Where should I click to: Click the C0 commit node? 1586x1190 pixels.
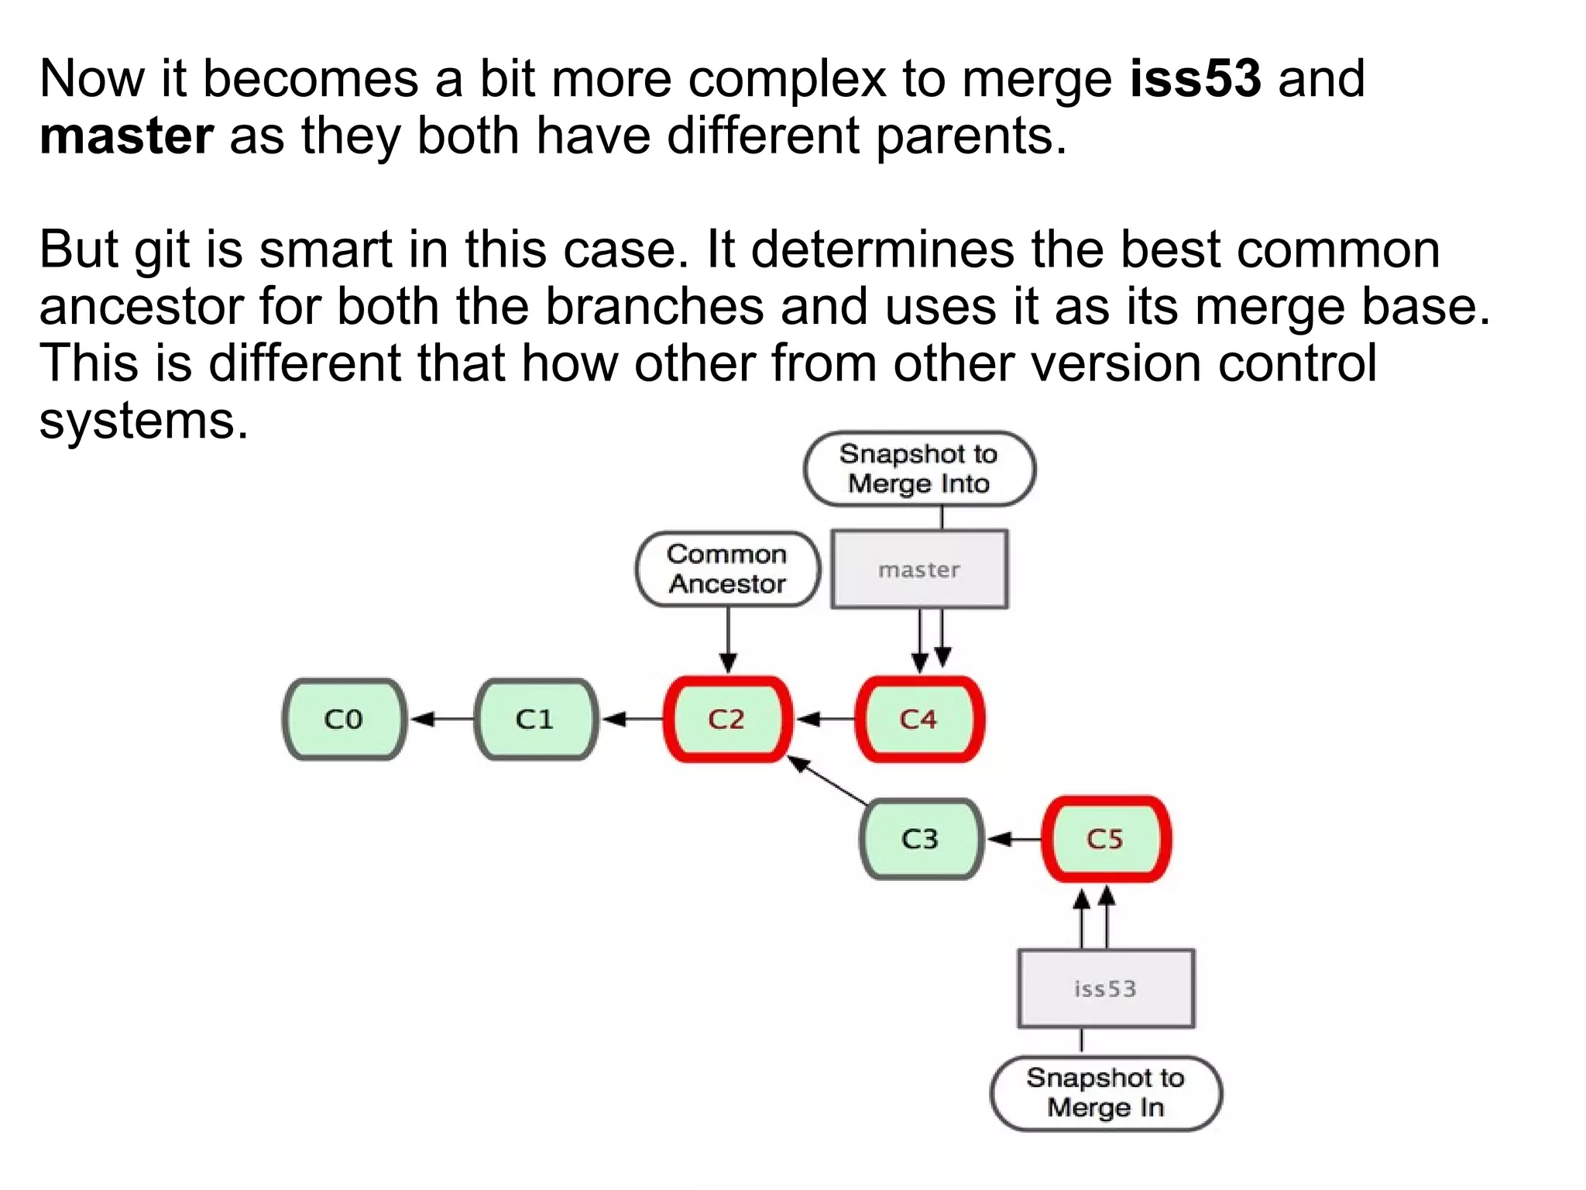tap(344, 719)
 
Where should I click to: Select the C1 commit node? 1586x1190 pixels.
tap(535, 719)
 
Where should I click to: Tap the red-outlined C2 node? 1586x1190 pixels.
tap(727, 719)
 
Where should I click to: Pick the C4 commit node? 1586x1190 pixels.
tap(919, 719)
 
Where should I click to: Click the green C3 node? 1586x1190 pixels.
tap(921, 839)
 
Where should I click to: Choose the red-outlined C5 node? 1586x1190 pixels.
tap(1106, 839)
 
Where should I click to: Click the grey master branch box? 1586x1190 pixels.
tap(919, 569)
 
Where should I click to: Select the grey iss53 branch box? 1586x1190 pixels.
tap(1106, 989)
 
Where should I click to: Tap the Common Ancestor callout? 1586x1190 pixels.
tap(727, 569)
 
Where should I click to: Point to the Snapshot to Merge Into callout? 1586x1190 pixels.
tap(919, 468)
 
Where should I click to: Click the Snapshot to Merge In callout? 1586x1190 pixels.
tap(1106, 1092)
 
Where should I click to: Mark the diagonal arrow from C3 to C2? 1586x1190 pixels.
tap(828, 780)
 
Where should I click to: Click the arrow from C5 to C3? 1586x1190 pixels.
tap(1014, 839)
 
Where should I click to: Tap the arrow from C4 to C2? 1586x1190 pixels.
tap(826, 719)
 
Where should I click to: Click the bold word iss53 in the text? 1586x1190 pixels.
tap(1195, 79)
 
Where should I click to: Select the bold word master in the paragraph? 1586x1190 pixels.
tap(126, 136)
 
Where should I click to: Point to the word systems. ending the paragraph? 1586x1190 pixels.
tap(144, 421)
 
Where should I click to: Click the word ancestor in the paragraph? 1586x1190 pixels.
tap(141, 307)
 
